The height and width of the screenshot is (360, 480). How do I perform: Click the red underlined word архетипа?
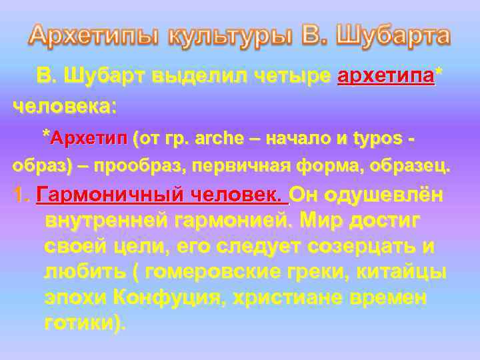[x=386, y=77]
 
